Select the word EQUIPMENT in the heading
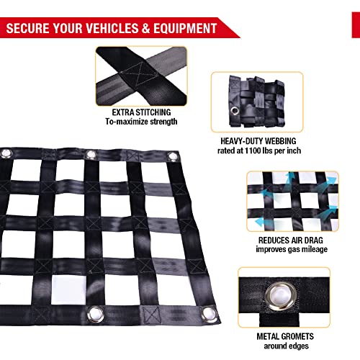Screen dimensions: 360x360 (x=183, y=28)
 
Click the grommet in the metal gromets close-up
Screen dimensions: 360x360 (x=285, y=294)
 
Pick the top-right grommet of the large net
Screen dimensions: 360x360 (x=174, y=158)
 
